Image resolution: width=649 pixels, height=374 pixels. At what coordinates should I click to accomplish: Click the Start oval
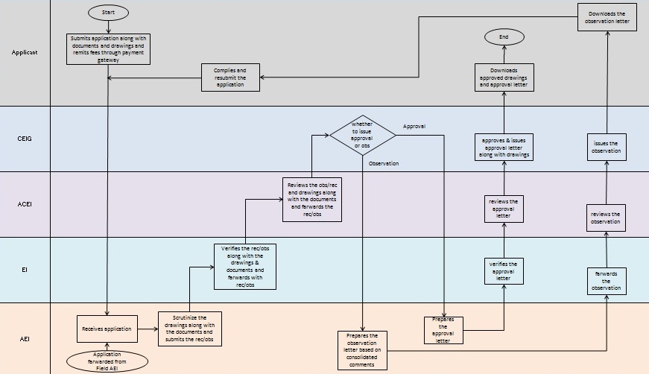[108, 13]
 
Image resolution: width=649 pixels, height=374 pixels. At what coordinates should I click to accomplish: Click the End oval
[504, 37]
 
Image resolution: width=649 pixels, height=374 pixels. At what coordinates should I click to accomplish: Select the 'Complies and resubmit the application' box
[230, 77]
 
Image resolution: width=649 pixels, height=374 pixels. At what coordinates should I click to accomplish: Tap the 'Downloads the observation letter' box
[607, 17]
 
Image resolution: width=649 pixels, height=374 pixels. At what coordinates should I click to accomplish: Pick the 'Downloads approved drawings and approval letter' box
[504, 77]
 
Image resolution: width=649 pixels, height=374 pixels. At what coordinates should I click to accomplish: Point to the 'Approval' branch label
[414, 127]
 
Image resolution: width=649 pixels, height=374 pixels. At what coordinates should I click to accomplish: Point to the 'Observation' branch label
[384, 163]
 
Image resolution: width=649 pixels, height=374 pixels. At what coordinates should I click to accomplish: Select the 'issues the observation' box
[606, 146]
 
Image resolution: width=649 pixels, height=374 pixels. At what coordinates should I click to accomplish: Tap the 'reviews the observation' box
[606, 217]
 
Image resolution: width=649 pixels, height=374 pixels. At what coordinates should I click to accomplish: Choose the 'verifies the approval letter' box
[504, 270]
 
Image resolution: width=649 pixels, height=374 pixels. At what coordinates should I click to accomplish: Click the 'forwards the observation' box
[606, 281]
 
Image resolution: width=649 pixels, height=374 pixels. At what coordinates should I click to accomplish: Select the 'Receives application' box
[108, 328]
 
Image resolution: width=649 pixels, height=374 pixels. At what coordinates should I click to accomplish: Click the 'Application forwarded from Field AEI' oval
[108, 360]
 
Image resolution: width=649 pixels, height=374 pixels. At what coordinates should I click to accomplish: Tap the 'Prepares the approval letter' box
[444, 331]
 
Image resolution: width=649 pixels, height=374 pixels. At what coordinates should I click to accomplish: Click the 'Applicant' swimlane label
[25, 52]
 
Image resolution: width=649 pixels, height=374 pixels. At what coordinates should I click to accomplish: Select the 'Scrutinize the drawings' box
[189, 329]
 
